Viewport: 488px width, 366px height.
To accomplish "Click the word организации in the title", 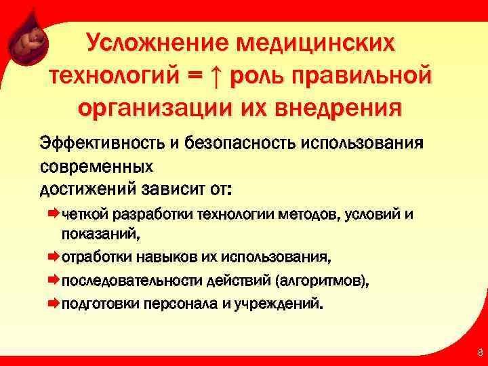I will (x=149, y=106).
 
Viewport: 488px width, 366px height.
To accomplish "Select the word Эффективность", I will (x=100, y=144).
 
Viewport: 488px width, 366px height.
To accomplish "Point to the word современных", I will (x=97, y=165).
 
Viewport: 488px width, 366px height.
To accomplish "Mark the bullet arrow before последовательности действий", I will (x=54, y=281).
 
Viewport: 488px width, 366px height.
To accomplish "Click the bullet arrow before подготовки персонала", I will (x=54, y=303).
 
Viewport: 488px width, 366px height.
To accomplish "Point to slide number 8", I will (x=480, y=352).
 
